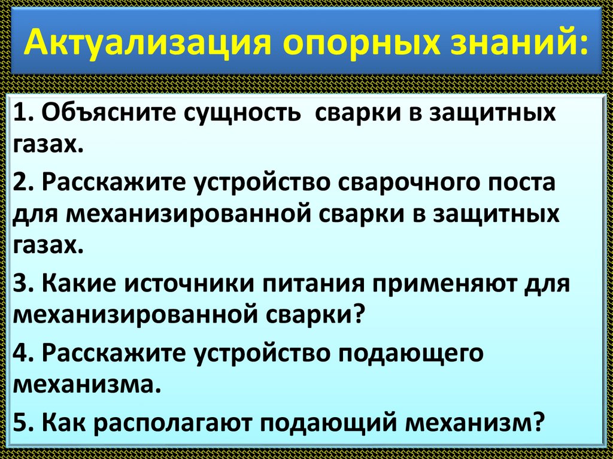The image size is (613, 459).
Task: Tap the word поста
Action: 520,183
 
